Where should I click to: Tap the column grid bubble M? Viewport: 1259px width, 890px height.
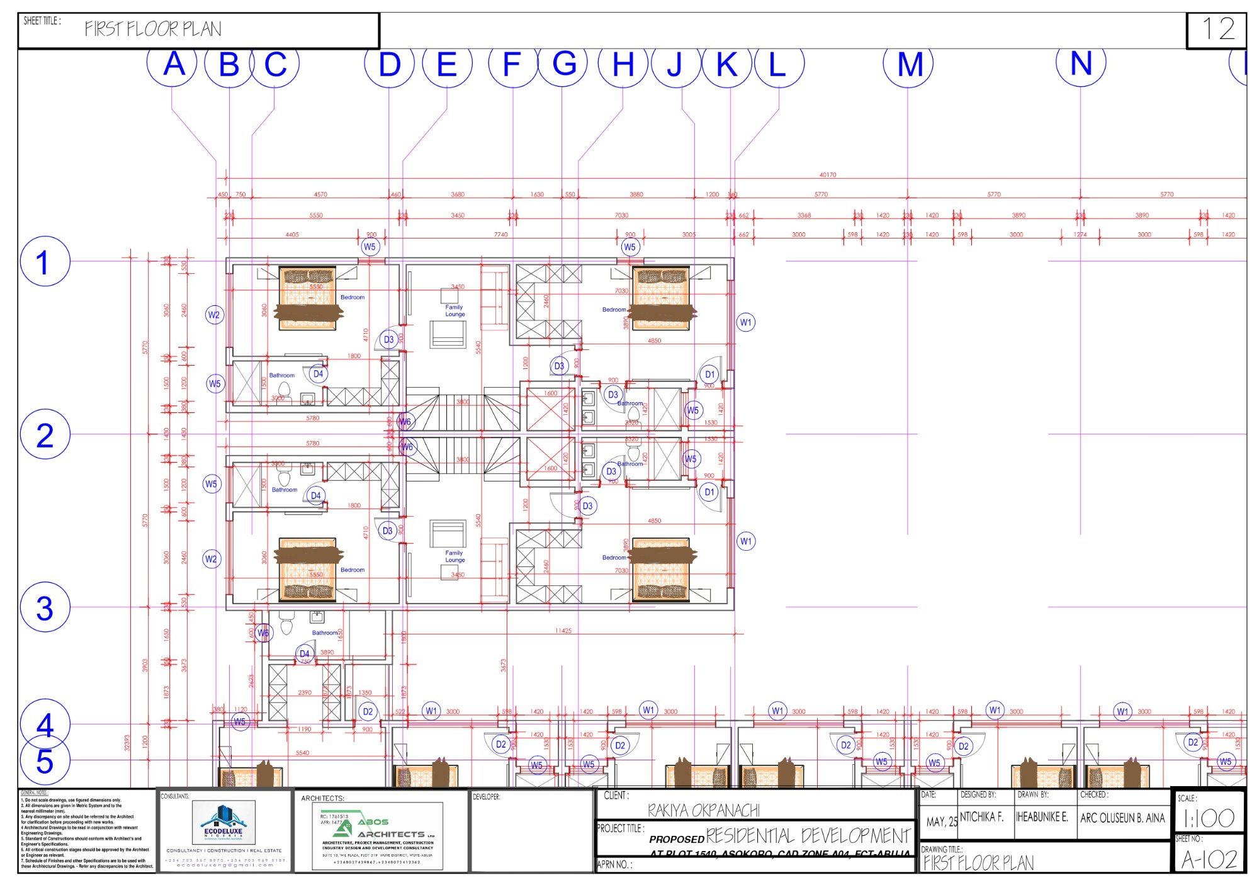[x=908, y=64]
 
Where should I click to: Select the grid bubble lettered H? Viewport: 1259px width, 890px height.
[x=623, y=64]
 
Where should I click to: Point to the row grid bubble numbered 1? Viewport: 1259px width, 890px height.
[x=45, y=261]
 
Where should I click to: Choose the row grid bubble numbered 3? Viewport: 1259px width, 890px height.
[x=45, y=607]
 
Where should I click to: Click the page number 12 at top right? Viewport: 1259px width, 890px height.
[x=1217, y=29]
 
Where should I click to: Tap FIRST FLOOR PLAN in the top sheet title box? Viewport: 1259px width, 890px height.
[x=153, y=29]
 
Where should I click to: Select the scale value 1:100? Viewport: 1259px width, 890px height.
[x=1208, y=818]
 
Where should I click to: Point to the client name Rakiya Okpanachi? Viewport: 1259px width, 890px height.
[x=703, y=810]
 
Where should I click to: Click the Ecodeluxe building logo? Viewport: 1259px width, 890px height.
[x=223, y=821]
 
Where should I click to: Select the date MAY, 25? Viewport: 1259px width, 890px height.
[x=941, y=821]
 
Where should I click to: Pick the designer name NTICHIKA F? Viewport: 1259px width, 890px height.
[x=981, y=817]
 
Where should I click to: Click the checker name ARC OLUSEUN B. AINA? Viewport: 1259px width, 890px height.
[x=1122, y=818]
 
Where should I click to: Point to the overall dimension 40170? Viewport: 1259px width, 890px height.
[x=828, y=174]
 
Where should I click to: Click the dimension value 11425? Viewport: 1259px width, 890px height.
[x=563, y=630]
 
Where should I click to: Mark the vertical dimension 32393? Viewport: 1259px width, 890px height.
[x=127, y=743]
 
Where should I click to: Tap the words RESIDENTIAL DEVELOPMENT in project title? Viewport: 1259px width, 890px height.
[x=808, y=836]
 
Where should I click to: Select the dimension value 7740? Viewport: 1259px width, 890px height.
[x=500, y=234]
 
